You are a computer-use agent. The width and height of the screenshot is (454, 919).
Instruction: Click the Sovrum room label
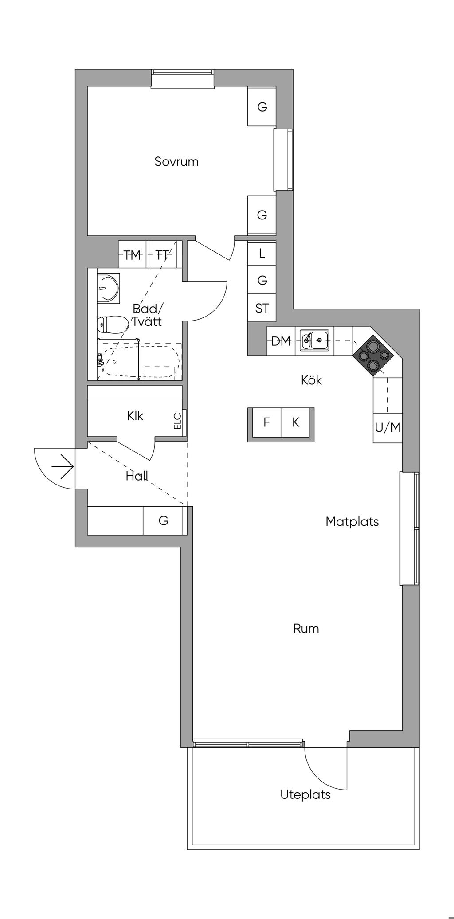pyautogui.click(x=176, y=161)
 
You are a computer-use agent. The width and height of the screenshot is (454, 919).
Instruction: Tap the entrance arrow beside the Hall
pyautogui.click(x=63, y=467)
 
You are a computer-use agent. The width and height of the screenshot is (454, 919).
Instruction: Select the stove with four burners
pyautogui.click(x=372, y=354)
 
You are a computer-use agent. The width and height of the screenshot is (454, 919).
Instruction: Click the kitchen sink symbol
pyautogui.click(x=314, y=340)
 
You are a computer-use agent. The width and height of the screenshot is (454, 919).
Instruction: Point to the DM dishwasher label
pyautogui.click(x=281, y=341)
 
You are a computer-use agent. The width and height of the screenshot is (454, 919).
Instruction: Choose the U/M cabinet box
pyautogui.click(x=387, y=428)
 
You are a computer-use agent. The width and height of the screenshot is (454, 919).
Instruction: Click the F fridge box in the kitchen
pyautogui.click(x=266, y=422)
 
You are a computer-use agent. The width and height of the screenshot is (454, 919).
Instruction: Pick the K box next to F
pyautogui.click(x=296, y=422)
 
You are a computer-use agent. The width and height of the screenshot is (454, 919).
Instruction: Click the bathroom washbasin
pyautogui.click(x=108, y=288)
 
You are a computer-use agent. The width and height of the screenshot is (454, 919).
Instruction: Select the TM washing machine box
pyautogui.click(x=132, y=255)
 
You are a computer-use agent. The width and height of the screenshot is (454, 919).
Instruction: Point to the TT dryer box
pyautogui.click(x=163, y=255)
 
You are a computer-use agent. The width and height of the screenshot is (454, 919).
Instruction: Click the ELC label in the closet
pyautogui.click(x=178, y=421)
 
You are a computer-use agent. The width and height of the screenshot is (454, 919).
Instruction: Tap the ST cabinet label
pyautogui.click(x=262, y=308)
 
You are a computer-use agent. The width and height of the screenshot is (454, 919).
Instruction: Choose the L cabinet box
pyautogui.click(x=262, y=254)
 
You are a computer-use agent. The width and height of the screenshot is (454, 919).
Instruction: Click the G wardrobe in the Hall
pyautogui.click(x=163, y=520)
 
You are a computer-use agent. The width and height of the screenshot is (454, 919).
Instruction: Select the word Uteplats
pyautogui.click(x=305, y=794)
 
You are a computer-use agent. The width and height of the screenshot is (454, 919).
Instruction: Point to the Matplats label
pyautogui.click(x=352, y=521)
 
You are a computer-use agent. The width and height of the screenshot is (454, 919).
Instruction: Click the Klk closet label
pyautogui.click(x=135, y=416)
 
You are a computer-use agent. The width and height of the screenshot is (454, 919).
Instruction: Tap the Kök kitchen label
pyautogui.click(x=311, y=380)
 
